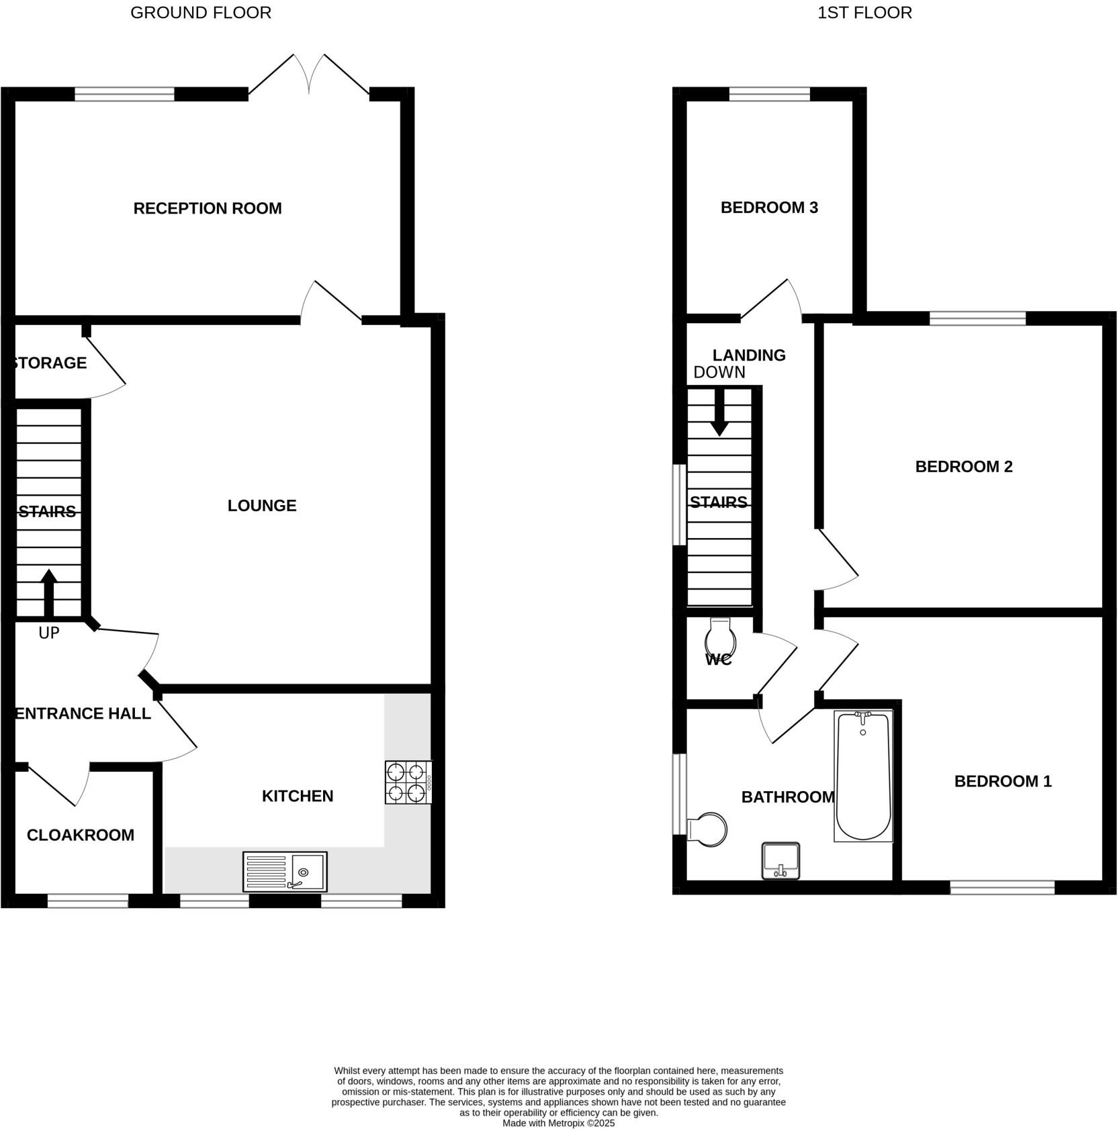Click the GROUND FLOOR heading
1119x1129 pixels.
point(201,13)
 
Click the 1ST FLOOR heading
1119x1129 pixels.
point(864,13)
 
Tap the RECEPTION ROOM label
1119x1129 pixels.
point(208,208)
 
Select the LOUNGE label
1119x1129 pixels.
point(262,506)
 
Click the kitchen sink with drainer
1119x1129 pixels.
point(285,871)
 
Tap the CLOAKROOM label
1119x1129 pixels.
point(81,835)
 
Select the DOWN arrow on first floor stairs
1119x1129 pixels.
point(719,413)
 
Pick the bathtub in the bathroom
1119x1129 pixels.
point(863,776)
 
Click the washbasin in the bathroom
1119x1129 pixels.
point(781,860)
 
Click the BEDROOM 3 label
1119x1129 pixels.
point(769,208)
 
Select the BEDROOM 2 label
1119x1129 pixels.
point(964,466)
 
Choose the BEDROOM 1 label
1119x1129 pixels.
point(1003,781)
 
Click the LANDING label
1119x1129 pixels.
point(749,355)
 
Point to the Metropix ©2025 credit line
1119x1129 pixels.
point(558,1123)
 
